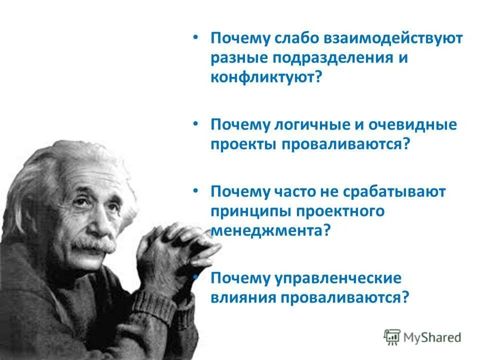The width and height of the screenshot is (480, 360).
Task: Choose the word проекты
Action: click(x=243, y=144)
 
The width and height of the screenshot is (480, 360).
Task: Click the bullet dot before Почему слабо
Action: click(x=196, y=38)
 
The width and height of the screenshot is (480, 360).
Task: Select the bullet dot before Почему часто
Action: click(x=196, y=191)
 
